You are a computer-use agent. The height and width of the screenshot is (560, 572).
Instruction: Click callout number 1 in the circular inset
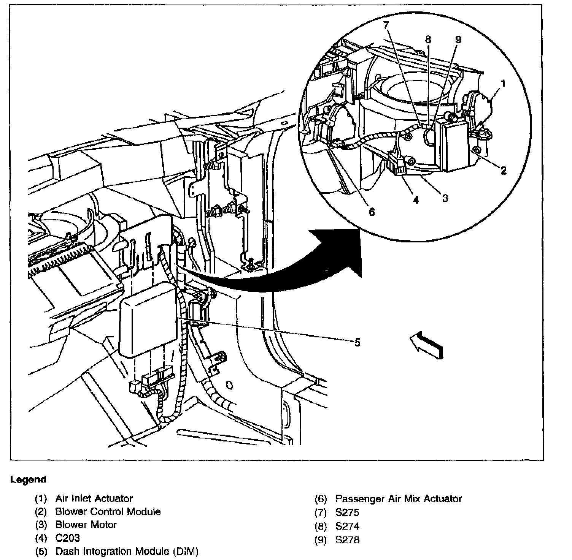pyautogui.click(x=503, y=83)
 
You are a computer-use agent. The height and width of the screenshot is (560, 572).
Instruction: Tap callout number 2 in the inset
pyautogui.click(x=504, y=171)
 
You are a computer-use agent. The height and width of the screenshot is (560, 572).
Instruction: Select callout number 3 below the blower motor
pyautogui.click(x=445, y=198)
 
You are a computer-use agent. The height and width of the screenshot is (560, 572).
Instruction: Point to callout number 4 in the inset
pyautogui.click(x=416, y=200)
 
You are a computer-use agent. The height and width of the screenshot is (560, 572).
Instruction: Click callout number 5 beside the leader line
pyautogui.click(x=357, y=342)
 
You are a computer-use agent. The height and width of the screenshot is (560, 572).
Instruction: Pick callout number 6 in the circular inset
pyautogui.click(x=372, y=212)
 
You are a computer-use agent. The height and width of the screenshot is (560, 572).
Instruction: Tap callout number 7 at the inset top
pyautogui.click(x=386, y=25)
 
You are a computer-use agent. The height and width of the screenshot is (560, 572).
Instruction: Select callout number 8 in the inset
pyautogui.click(x=428, y=39)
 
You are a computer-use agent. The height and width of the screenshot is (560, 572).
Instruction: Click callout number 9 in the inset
pyautogui.click(x=458, y=40)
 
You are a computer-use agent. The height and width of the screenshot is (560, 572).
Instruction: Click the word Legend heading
pyautogui.click(x=28, y=479)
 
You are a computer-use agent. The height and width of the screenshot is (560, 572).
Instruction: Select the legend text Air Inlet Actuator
pyautogui.click(x=94, y=498)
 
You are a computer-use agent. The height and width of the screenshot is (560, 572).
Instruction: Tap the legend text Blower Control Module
pyautogui.click(x=108, y=512)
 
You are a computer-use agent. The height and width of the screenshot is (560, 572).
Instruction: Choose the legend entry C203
pyautogui.click(x=68, y=538)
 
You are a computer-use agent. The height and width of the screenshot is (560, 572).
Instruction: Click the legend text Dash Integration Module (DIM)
pyautogui.click(x=127, y=551)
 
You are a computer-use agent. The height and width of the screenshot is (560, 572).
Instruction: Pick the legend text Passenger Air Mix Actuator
pyautogui.click(x=399, y=499)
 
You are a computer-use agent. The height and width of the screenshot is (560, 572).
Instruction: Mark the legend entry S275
pyautogui.click(x=347, y=513)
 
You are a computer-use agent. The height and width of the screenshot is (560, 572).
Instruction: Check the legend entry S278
pyautogui.click(x=347, y=540)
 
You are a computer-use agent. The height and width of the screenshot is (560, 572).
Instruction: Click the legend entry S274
pyautogui.click(x=347, y=526)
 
